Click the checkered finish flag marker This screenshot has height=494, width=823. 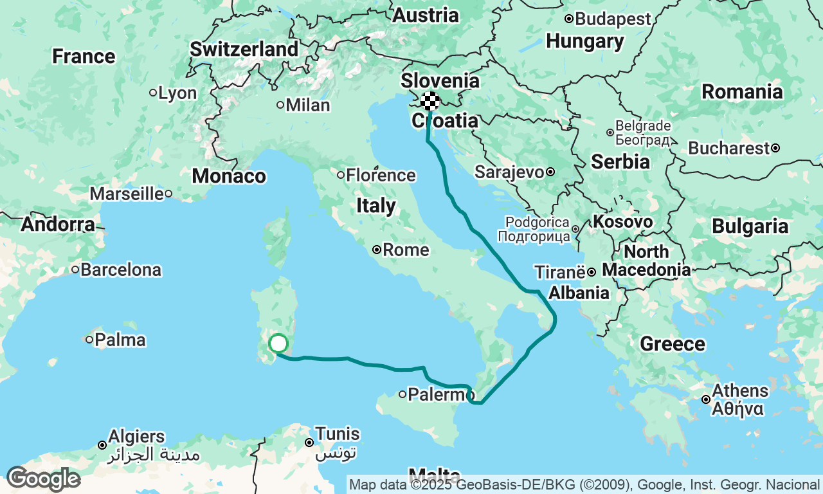(x=430, y=101)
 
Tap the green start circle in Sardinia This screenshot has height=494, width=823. (x=278, y=343)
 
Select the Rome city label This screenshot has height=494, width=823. (x=406, y=250)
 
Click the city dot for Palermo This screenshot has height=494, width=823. (x=402, y=394)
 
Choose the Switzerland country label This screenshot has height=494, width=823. (x=244, y=49)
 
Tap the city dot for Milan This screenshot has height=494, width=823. (x=280, y=105)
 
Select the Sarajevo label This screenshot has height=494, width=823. (x=509, y=172)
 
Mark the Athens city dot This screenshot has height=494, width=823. (x=706, y=399)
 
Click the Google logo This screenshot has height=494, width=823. (x=43, y=479)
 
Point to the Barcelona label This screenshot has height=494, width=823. (x=121, y=270)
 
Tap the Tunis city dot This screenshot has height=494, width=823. (x=309, y=443)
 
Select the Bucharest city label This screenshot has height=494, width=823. (x=728, y=148)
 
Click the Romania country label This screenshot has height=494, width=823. (x=742, y=92)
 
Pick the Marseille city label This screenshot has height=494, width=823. (x=126, y=194)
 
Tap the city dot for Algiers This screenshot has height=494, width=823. (x=102, y=445)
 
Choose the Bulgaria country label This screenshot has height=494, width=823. (x=750, y=226)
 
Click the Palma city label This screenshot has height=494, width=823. (x=120, y=340)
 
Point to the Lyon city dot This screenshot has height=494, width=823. (x=153, y=93)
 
